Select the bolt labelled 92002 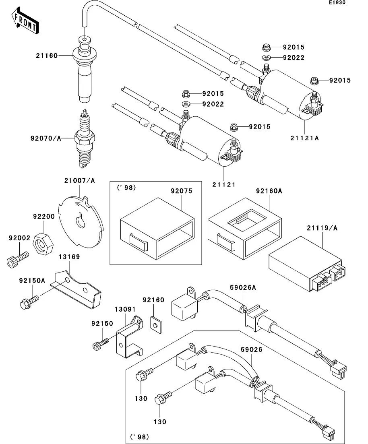pyautogui.click(x=17, y=258)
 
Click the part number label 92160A pyautogui.click(x=269, y=192)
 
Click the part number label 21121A pyautogui.click(x=304, y=138)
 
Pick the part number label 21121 pyautogui.click(x=224, y=185)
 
